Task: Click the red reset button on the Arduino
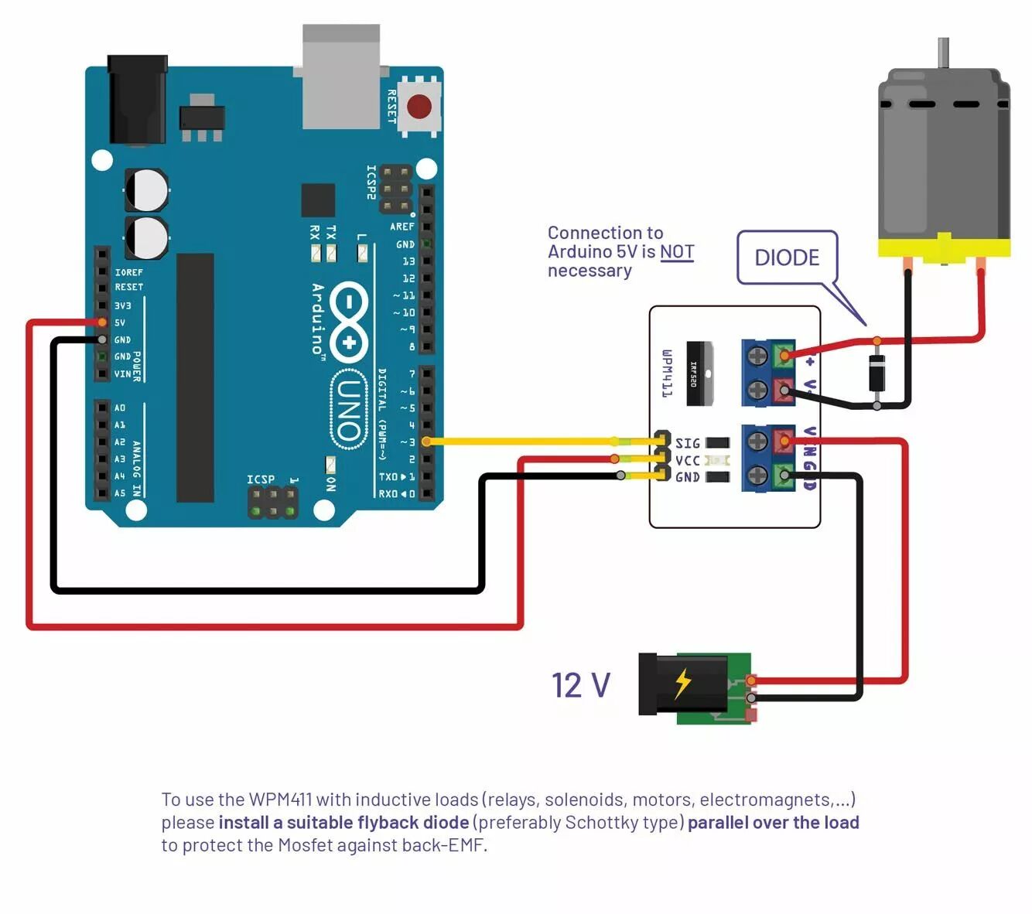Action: (x=419, y=107)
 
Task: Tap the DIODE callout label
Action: (x=787, y=257)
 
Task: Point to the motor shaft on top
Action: (x=943, y=53)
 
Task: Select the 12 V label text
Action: (x=581, y=685)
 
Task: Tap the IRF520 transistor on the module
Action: (x=699, y=373)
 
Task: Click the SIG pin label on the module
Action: (x=687, y=443)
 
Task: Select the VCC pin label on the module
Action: (x=687, y=461)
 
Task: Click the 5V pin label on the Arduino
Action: (x=120, y=322)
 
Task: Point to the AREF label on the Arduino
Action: (x=402, y=227)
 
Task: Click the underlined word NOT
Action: (x=677, y=252)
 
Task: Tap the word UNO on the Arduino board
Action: (x=350, y=411)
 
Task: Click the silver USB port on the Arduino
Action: (x=340, y=77)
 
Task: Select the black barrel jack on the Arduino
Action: (x=137, y=100)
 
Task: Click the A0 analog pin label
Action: (x=120, y=408)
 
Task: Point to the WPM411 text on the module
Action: (x=667, y=373)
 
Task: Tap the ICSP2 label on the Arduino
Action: (x=372, y=182)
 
